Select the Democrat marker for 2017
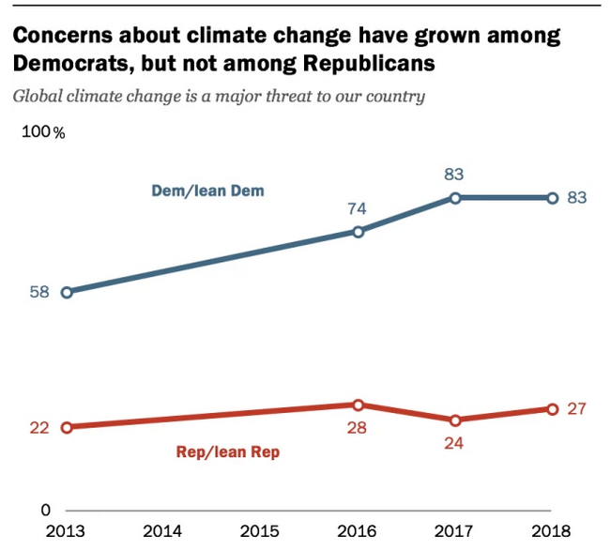(455, 198)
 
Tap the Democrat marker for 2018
(552, 198)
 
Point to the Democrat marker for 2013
(67, 292)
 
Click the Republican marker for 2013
(67, 427)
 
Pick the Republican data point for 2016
(358, 405)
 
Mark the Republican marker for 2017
(455, 420)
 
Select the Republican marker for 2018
(552, 408)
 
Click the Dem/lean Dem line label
(207, 191)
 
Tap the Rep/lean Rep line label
(228, 452)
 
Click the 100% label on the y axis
(43, 131)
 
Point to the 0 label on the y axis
(44, 510)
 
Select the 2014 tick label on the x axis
(163, 531)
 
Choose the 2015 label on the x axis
(260, 531)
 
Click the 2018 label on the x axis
(552, 531)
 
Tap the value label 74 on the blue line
(357, 208)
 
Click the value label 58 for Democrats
(39, 292)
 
